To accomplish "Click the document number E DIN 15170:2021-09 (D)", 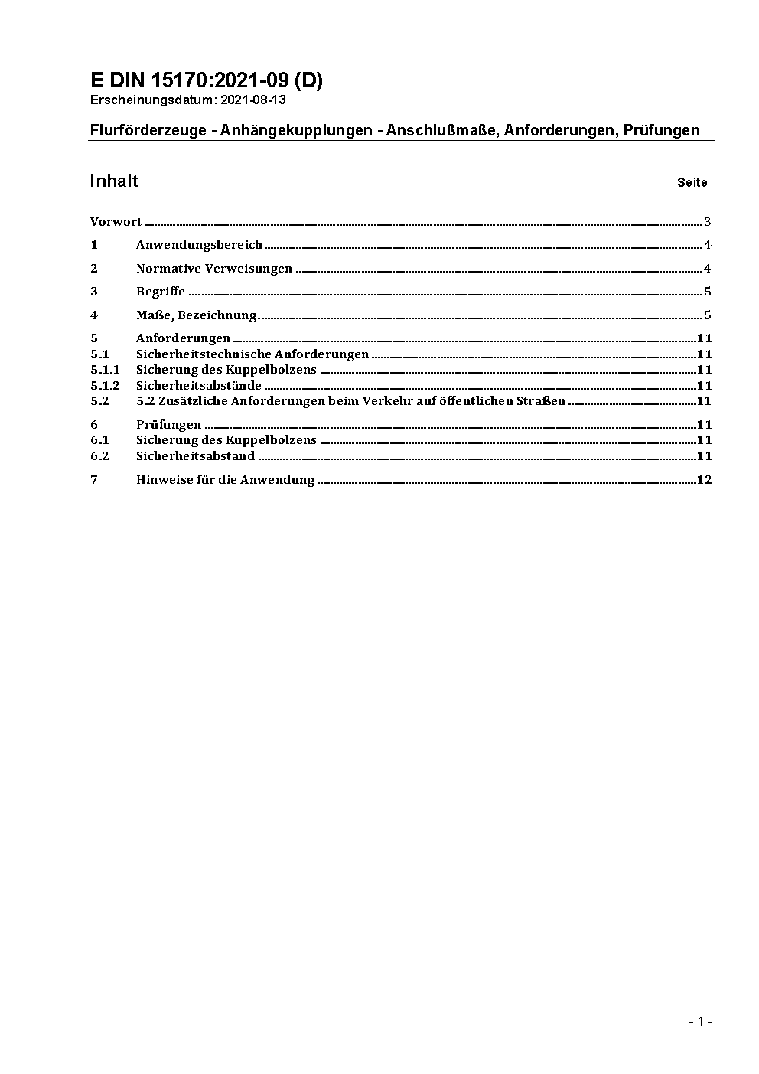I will click(207, 81).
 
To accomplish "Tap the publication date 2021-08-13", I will click(254, 100).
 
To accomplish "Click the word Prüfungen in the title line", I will click(661, 130).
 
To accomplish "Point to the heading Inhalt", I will click(114, 181).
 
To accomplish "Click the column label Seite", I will click(692, 183).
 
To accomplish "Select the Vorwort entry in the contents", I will click(116, 222).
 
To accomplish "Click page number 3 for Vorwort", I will click(708, 222).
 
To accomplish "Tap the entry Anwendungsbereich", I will click(199, 245).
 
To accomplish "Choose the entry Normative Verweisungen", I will click(214, 269).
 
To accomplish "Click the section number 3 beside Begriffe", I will click(94, 292).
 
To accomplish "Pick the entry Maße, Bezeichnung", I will click(196, 315).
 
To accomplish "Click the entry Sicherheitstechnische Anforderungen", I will click(252, 354).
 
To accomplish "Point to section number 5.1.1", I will click(105, 370).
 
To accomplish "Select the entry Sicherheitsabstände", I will click(199, 386).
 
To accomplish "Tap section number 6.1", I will click(99, 440).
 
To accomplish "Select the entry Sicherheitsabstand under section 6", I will click(195, 456).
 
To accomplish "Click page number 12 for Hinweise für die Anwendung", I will click(705, 480).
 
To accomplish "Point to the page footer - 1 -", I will click(700, 1021).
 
